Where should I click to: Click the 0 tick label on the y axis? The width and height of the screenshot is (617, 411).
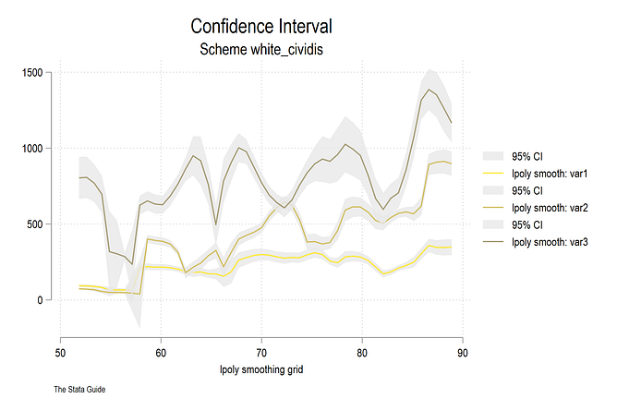point(42,300)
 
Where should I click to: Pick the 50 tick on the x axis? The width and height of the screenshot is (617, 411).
point(60,352)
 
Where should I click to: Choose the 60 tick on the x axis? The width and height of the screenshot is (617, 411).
point(161,352)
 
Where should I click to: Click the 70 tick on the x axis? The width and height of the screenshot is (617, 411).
point(261,352)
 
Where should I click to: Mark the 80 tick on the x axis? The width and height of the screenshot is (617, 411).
point(361,352)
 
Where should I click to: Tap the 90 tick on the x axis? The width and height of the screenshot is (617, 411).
point(462,352)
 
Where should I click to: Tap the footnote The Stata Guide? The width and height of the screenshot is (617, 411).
point(79,391)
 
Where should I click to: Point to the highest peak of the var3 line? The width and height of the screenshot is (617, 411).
point(429,90)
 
